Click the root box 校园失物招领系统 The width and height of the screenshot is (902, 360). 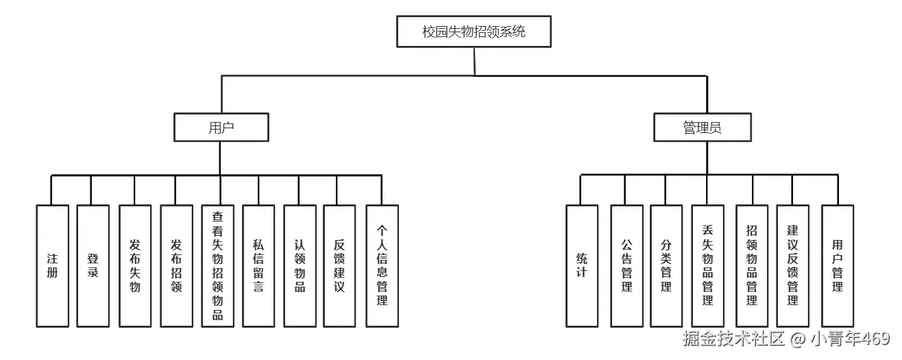474,32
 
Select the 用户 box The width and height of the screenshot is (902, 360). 221,128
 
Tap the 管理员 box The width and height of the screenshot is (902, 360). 703,128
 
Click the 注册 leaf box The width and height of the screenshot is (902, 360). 52,266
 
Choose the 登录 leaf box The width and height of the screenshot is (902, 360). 93,266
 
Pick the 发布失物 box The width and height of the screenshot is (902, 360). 135,266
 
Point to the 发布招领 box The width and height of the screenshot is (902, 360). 176,266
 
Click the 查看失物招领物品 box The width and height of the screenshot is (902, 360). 218,266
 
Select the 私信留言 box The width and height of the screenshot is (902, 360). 258,266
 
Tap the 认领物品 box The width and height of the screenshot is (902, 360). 300,266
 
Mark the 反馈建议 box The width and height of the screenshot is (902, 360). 339,266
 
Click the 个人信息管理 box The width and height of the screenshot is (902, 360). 382,266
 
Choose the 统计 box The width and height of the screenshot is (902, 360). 582,266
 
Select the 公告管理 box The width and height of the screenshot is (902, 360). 626,266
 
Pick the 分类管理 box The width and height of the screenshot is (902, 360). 666,266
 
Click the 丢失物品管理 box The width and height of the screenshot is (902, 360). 707,266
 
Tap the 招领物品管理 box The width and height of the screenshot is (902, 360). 752,266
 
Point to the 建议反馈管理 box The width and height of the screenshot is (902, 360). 792,266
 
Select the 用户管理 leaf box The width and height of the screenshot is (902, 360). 838,266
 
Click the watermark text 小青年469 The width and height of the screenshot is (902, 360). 850,339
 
